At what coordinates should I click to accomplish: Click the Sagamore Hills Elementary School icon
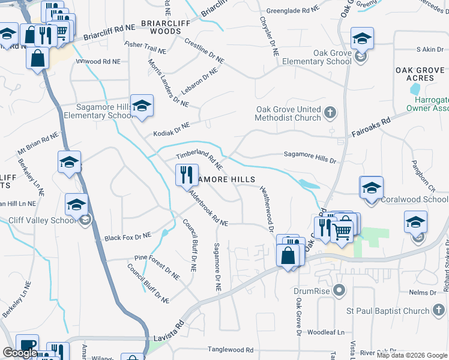141,106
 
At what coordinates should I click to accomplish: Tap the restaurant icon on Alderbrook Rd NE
185,175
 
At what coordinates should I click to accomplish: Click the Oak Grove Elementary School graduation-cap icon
362,39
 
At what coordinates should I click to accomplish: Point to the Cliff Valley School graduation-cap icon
77,205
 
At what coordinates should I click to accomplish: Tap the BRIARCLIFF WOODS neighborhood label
152,27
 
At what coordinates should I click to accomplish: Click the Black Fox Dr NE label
128,237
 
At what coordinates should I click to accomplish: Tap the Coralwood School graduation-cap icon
371,187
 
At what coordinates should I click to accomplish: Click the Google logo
20,353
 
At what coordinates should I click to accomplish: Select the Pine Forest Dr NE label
157,267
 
